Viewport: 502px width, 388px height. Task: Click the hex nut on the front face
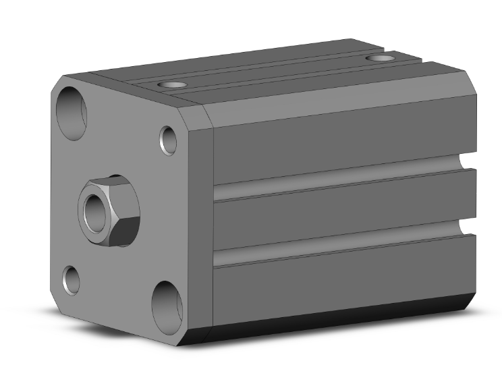click(109, 211)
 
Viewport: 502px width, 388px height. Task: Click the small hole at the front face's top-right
click(168, 140)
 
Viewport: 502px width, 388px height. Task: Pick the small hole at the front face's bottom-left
click(72, 280)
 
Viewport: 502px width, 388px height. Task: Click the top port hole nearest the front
click(171, 85)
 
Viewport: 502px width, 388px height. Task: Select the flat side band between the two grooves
click(337, 216)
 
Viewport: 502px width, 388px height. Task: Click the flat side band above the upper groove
click(337, 142)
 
